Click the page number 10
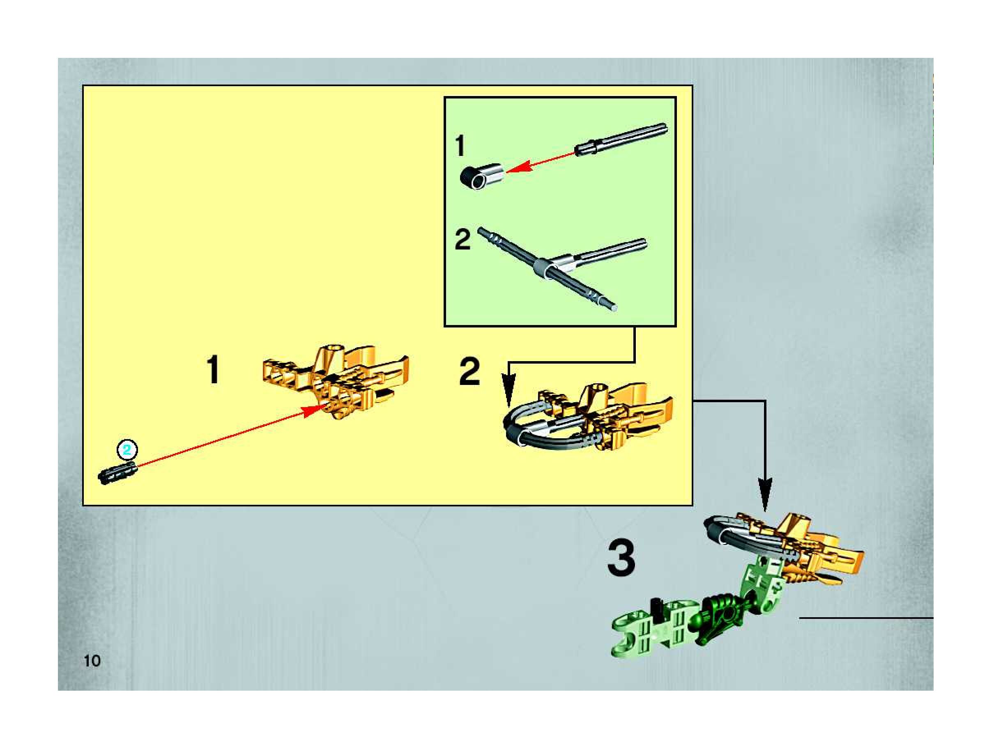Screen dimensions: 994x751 pyautogui.click(x=92, y=661)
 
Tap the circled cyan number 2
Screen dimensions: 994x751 pyautogui.click(x=127, y=450)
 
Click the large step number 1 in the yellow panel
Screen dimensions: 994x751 pyautogui.click(x=213, y=369)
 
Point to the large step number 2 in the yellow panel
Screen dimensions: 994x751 pyautogui.click(x=469, y=371)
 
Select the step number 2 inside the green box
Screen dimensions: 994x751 pyautogui.click(x=463, y=240)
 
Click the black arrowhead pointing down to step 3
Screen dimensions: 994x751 pyautogui.click(x=765, y=496)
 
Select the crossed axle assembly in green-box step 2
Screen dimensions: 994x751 pyautogui.click(x=562, y=268)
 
